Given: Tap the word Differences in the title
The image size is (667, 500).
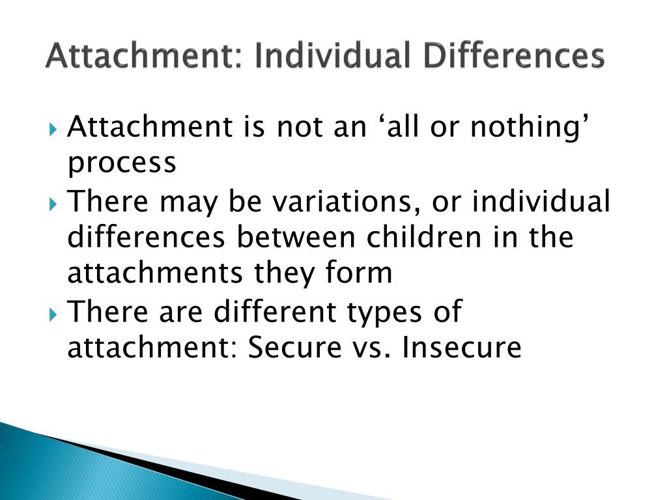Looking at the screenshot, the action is click(515, 55).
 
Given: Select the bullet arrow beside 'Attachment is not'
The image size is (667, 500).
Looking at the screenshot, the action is click(53, 129).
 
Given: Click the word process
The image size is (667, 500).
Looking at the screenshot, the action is click(122, 163).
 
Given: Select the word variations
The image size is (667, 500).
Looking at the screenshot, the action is click(347, 201).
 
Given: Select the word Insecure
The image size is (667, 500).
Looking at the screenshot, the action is click(461, 347).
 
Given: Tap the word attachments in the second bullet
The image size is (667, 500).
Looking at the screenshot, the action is click(155, 272).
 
